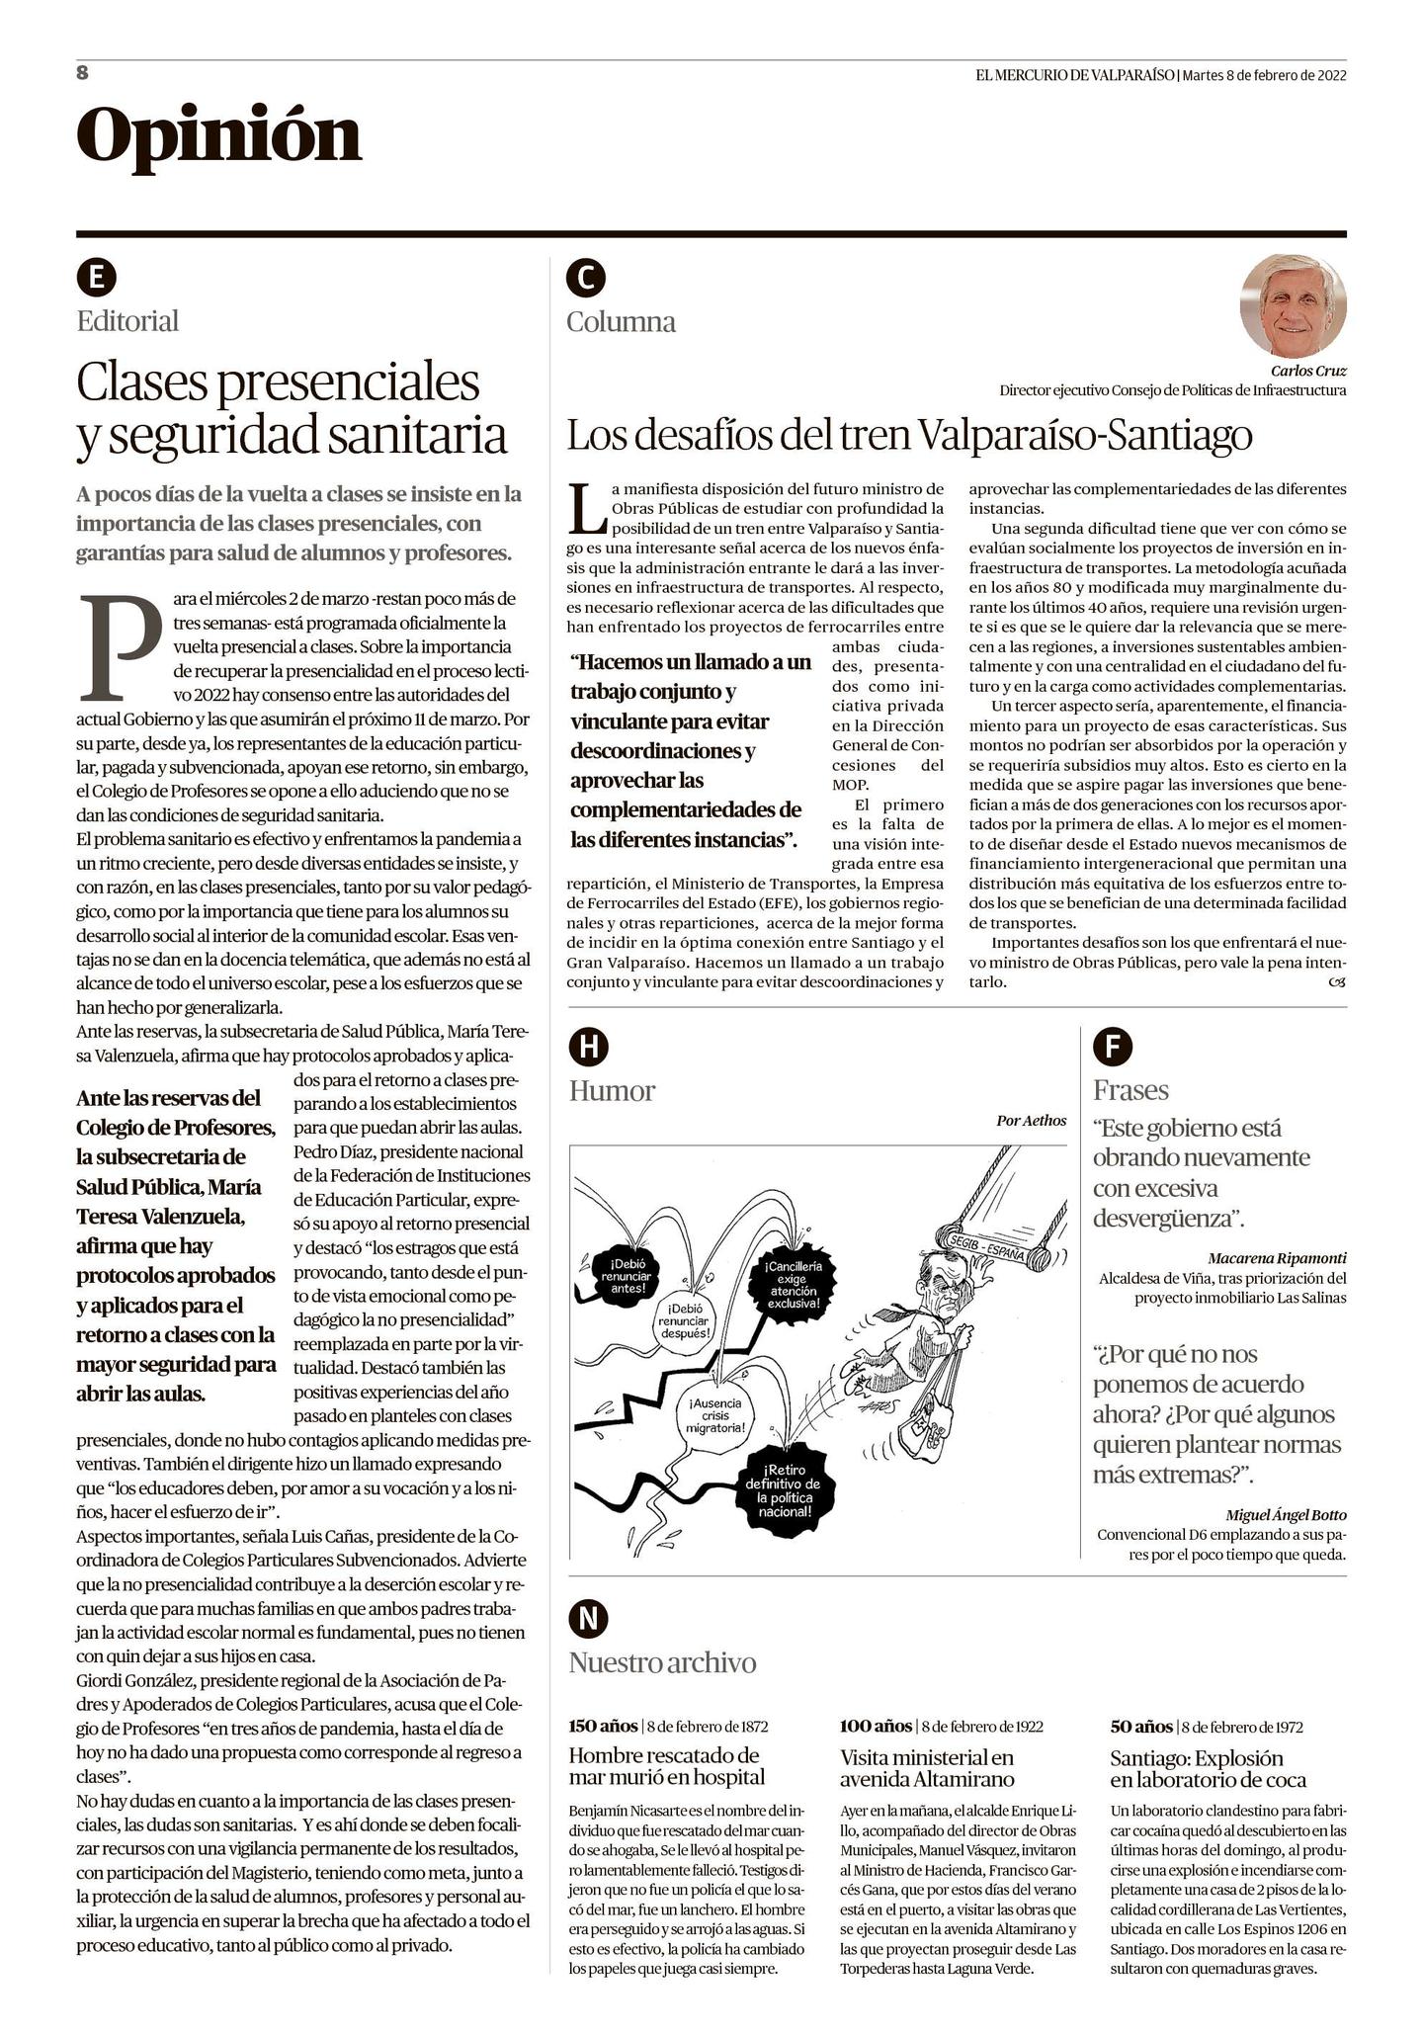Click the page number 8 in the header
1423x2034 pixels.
pos(83,72)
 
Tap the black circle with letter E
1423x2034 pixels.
pos(96,278)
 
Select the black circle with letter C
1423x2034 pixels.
pos(586,279)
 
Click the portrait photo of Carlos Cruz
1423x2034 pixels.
pos(1293,305)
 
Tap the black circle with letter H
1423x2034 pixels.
pos(588,1048)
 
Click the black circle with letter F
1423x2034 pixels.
pos(1113,1047)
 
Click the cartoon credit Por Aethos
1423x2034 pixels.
pos(1031,1120)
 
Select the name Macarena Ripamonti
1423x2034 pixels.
pos(1276,1258)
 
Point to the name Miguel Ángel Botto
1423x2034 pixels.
pos(1285,1515)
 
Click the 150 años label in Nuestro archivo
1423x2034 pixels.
pos(603,1726)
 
